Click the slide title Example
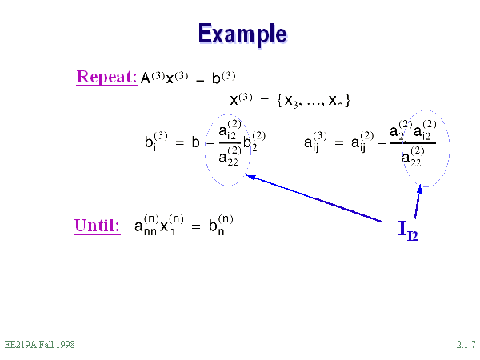[242, 34]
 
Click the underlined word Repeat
[107, 78]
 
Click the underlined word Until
[98, 226]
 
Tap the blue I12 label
[408, 230]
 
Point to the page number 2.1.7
[466, 345]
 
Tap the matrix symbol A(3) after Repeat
[152, 78]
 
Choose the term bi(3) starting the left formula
[155, 142]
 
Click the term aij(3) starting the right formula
[315, 142]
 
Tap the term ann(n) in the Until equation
[146, 226]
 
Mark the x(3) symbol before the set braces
[242, 100]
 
